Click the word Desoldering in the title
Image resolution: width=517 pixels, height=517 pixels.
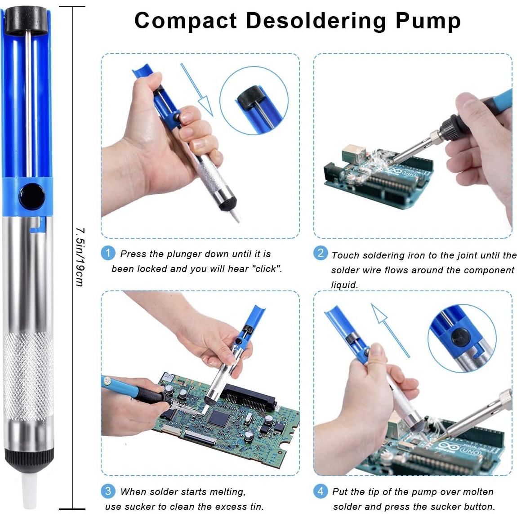pyautogui.click(x=316, y=21)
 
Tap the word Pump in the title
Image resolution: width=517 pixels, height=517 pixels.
pyautogui.click(x=428, y=22)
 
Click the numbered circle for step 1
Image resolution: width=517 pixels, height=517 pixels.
pyautogui.click(x=108, y=253)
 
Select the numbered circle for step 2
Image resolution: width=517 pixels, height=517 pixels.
pyautogui.click(x=320, y=253)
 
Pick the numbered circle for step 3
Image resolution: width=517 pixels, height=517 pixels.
pyautogui.click(x=108, y=491)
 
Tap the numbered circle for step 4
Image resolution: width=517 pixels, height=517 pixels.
pyautogui.click(x=320, y=491)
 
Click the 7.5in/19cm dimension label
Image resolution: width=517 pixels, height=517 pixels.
pyautogui.click(x=80, y=257)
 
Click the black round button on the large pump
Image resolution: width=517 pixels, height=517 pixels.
pyautogui.click(x=32, y=196)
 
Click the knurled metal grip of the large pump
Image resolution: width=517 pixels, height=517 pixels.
pyautogui.click(x=28, y=376)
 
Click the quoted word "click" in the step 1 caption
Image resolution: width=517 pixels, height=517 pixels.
pyautogui.click(x=267, y=269)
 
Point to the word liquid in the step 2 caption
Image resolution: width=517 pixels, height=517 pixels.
pyautogui.click(x=344, y=285)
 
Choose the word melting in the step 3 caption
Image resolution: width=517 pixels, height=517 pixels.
pyautogui.click(x=228, y=492)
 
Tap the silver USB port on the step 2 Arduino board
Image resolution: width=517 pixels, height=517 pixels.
pyautogui.click(x=353, y=154)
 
